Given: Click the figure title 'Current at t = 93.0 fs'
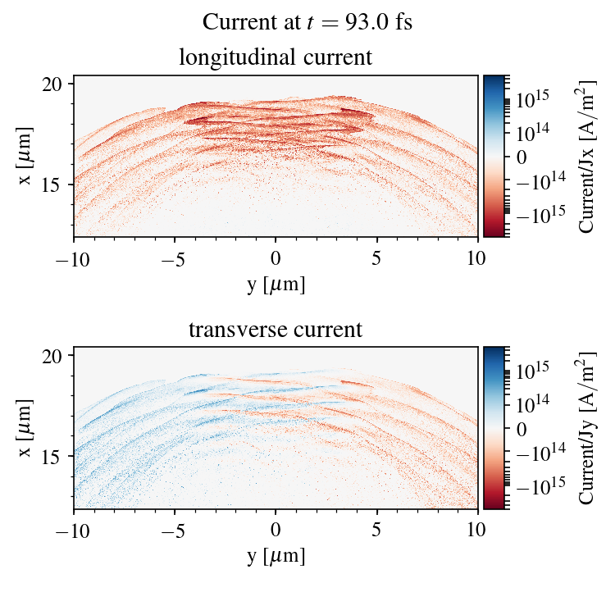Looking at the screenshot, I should point(307,22).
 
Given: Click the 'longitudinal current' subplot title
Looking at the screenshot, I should point(276,58).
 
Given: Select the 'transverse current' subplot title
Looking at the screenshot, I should point(276,330).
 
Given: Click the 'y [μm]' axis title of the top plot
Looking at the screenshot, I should point(276,284).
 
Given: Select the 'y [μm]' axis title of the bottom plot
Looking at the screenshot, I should point(276,556).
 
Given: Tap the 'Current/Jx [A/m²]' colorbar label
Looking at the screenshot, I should point(586,156).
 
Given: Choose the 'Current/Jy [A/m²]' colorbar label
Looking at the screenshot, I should point(586,428).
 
